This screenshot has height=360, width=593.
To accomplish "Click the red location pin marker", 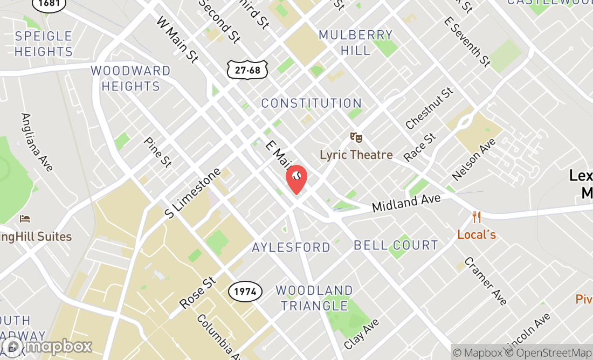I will pos(296,179).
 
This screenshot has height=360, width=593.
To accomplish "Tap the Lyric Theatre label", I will pos(356,155).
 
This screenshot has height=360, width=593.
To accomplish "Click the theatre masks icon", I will pos(355,138).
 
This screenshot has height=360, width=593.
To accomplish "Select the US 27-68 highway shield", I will pos(247,70).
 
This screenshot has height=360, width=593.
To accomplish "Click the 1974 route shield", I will pos(245,292).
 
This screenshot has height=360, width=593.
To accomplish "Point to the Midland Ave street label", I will pos(406,203).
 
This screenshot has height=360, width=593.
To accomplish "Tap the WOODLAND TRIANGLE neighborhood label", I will pos(314,299).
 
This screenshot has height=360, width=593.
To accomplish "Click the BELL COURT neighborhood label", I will pos(396,246).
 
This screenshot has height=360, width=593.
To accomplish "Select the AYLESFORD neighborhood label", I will pos(291,247).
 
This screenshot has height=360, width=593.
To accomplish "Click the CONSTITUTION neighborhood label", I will pos(311,103).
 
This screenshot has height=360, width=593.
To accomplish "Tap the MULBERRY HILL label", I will pos(356,43).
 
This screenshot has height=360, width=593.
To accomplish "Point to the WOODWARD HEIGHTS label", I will pos(130,79).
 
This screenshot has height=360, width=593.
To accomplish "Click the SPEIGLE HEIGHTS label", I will pos(44,44).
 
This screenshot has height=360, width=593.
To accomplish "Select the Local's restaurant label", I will pos(476,235).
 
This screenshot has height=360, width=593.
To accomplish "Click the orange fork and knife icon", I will pos(476,218).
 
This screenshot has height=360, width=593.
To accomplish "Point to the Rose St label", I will pos(197,293).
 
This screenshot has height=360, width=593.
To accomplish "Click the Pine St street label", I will pos(157,152).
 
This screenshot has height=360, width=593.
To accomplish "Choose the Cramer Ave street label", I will pos(485,281).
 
